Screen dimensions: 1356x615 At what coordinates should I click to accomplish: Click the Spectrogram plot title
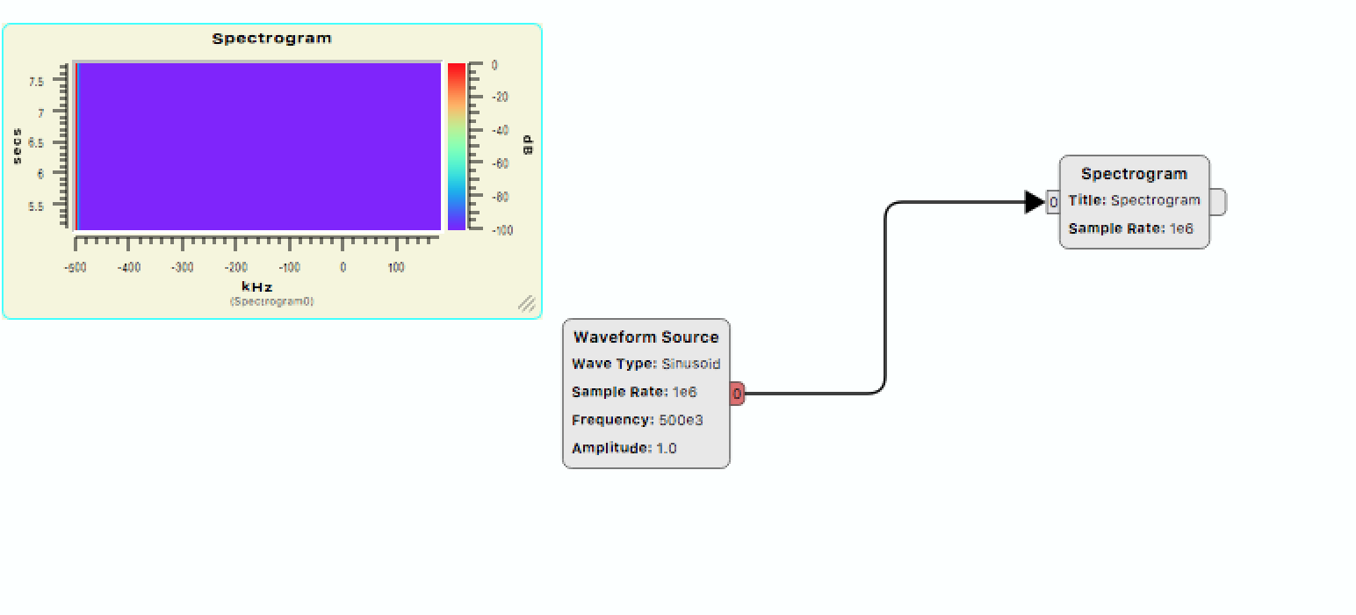click(x=271, y=38)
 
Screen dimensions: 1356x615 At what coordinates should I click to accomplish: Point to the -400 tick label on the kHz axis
click(x=129, y=267)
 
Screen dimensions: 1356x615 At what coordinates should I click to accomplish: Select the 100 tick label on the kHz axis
click(x=396, y=267)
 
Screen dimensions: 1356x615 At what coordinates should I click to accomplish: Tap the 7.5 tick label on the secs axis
click(x=36, y=82)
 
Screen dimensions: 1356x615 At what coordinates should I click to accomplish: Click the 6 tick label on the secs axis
click(x=40, y=174)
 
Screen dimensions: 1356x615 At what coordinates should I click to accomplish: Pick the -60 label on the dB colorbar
click(x=500, y=163)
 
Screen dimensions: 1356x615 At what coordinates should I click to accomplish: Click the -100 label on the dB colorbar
click(x=501, y=230)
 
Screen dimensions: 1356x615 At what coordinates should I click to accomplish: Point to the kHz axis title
click(x=257, y=287)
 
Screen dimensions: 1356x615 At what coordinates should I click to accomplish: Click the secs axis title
click(x=17, y=146)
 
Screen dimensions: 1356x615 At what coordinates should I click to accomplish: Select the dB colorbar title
click(x=528, y=145)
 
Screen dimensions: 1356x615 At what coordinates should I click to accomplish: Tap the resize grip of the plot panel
click(x=527, y=304)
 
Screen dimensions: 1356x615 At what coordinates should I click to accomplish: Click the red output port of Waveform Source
click(x=738, y=394)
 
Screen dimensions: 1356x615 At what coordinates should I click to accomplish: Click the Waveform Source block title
click(x=646, y=337)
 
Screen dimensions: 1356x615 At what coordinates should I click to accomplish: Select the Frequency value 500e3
click(x=681, y=420)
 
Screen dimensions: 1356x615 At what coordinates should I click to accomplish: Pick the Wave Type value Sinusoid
click(x=690, y=364)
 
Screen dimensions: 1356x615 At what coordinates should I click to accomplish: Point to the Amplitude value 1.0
click(x=667, y=448)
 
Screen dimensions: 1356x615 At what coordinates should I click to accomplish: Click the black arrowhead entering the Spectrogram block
click(x=1035, y=202)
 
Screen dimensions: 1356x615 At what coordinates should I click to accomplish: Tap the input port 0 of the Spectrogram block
click(x=1053, y=202)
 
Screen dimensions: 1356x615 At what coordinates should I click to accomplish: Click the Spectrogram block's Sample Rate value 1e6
click(x=1181, y=228)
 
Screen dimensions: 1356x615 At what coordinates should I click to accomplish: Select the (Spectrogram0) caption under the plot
click(x=271, y=301)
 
